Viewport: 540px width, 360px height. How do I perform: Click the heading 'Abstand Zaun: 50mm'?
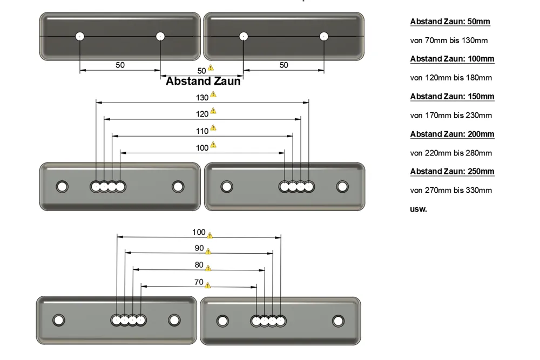(450, 22)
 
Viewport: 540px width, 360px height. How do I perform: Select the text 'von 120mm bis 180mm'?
(451, 78)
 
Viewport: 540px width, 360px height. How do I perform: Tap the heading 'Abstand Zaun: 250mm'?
(452, 172)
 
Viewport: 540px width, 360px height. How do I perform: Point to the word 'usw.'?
(418, 209)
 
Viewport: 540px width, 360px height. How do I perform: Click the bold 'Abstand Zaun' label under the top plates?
(203, 81)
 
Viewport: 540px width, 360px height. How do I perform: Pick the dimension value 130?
(202, 98)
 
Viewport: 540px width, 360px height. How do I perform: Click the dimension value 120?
(202, 114)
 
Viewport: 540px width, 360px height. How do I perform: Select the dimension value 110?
(202, 131)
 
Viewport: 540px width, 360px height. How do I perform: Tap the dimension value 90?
(199, 248)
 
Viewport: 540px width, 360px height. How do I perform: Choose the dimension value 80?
(199, 265)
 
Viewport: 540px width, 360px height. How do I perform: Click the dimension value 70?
(199, 282)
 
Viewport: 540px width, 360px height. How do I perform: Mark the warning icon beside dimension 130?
(213, 94)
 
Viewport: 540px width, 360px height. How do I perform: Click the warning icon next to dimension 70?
(208, 286)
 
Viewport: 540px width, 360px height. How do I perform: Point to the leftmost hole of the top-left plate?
(80, 36)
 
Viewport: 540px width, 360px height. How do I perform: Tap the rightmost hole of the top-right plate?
(323, 36)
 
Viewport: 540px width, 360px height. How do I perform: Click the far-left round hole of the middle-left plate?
(62, 187)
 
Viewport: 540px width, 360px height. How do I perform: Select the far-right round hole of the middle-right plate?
(342, 187)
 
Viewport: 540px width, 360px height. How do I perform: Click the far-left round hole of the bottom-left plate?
(59, 320)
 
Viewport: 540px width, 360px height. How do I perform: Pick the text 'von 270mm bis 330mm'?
(451, 191)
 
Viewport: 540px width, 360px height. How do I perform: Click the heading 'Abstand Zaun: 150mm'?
(452, 97)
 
